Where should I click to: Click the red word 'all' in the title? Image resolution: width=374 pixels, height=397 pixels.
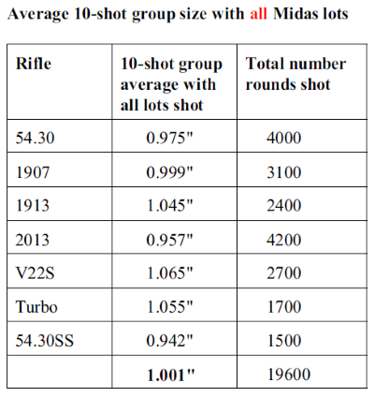pyautogui.click(x=258, y=14)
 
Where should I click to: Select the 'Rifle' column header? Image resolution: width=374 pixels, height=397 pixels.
pyautogui.click(x=34, y=64)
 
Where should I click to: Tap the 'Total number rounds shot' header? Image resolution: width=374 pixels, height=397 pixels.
pyautogui.click(x=295, y=74)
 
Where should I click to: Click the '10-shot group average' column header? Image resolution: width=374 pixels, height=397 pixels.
pyautogui.click(x=171, y=84)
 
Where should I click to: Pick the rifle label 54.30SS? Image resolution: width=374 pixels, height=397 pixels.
pyautogui.click(x=45, y=341)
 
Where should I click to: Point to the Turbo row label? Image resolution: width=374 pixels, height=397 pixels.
pyautogui.click(x=36, y=306)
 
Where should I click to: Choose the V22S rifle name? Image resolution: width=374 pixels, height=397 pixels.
pyautogui.click(x=35, y=273)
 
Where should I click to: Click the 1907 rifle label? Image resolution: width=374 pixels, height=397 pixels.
pyautogui.click(x=33, y=172)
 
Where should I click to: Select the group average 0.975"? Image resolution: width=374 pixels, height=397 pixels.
pyautogui.click(x=170, y=138)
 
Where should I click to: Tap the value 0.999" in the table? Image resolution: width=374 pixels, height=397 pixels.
pyautogui.click(x=170, y=172)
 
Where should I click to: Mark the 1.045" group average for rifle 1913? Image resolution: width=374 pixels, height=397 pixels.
pyautogui.click(x=170, y=206)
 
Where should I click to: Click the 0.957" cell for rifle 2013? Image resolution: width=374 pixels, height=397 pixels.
pyautogui.click(x=170, y=240)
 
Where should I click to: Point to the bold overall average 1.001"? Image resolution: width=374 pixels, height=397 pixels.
pyautogui.click(x=170, y=375)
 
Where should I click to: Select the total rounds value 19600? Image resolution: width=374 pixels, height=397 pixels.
pyautogui.click(x=289, y=375)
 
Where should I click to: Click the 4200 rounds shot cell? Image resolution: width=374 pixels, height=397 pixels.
pyautogui.click(x=284, y=240)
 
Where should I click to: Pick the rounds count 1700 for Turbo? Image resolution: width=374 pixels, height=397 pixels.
pyautogui.click(x=284, y=306)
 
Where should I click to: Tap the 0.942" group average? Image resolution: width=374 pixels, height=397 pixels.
pyautogui.click(x=170, y=341)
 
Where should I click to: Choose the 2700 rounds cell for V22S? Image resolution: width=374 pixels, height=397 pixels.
pyautogui.click(x=284, y=273)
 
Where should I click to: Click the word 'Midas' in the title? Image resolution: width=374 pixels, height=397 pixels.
pyautogui.click(x=294, y=14)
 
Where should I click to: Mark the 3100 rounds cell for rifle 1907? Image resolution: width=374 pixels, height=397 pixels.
pyautogui.click(x=284, y=172)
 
